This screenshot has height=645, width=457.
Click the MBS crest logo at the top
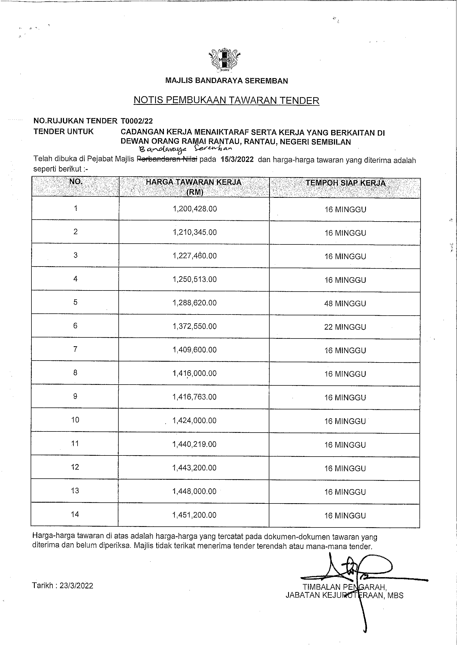224,60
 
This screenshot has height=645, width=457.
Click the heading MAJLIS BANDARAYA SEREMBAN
226,81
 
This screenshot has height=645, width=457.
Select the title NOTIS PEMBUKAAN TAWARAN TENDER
226,100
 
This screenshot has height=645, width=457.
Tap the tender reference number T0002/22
137,121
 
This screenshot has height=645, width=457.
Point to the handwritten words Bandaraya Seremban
185,149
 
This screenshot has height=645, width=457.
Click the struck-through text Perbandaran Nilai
167,159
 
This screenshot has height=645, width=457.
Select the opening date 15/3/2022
237,159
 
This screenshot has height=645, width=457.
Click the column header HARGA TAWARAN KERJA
194,182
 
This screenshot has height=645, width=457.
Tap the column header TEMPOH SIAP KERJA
345,183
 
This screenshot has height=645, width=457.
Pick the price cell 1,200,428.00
195,209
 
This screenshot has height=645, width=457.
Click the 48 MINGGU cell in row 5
345,303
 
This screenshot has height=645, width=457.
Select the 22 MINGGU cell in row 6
345,327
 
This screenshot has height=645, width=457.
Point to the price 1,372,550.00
195,326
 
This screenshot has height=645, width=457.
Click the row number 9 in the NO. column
75,396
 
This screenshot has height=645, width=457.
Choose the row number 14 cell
75,515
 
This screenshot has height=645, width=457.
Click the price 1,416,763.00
195,397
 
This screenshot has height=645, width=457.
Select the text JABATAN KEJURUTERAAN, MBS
344,596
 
